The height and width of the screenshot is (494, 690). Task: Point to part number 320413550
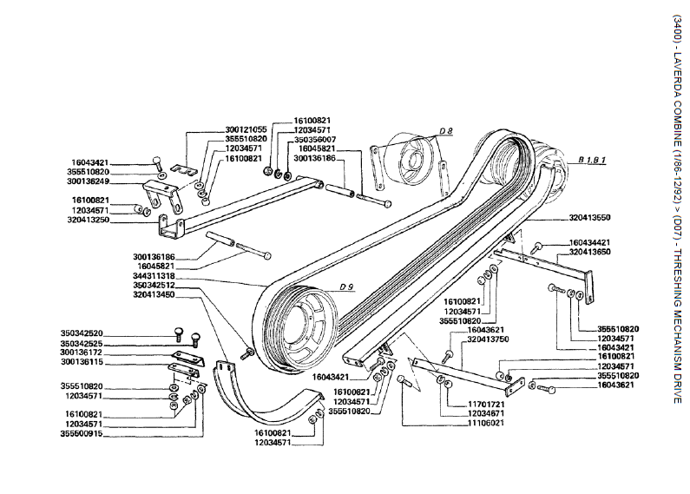(590, 217)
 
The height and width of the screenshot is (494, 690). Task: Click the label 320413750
(487, 339)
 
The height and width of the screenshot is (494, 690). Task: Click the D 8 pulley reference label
(445, 131)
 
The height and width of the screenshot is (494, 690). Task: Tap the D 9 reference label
(348, 287)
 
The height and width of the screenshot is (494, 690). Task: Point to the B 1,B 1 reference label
(593, 161)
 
